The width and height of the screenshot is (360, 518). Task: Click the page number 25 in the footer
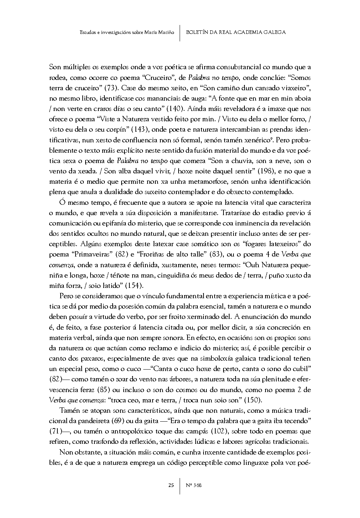(171, 485)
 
